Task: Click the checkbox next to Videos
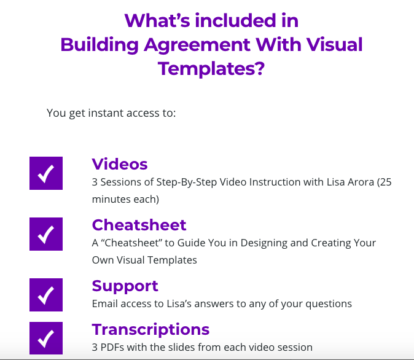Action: point(46,173)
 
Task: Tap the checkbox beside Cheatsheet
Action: point(46,233)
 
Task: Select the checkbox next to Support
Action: point(46,295)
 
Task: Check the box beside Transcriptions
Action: point(46,338)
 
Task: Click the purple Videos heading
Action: point(120,164)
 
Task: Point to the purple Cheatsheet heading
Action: point(139,225)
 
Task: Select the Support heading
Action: point(125,286)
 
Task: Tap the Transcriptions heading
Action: point(150,329)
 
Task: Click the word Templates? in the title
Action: point(211,68)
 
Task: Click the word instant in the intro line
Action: point(95,114)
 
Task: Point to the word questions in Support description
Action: point(330,303)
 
